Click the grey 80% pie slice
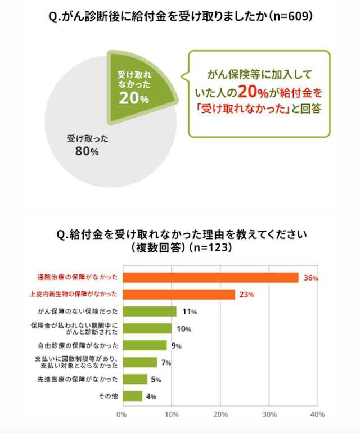coord(96,146)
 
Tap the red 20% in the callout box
coord(251,92)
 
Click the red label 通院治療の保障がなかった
coord(73,277)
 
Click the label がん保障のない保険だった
coord(77,311)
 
